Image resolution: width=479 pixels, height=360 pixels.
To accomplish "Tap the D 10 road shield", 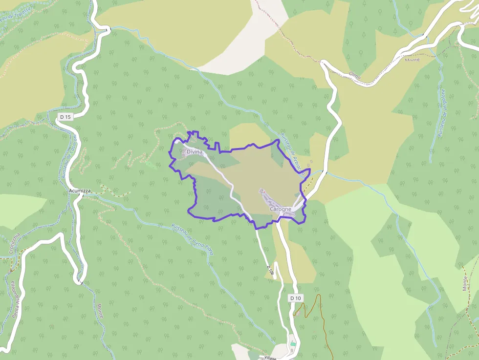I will pos(295,298).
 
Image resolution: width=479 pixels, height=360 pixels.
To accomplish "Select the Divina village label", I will pos(194,152).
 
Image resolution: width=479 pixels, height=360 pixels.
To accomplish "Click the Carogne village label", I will pos(281,209).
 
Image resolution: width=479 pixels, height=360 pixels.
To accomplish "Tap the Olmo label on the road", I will pos(355,76).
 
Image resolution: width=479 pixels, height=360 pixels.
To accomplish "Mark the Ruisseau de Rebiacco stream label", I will pos(293,154).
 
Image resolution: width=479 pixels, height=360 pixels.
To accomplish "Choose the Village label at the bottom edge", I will pos(270,358).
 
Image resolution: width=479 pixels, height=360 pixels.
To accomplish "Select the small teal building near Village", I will pos(293,344).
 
